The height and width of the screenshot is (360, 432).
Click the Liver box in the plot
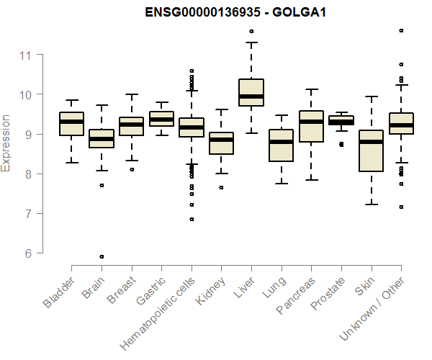click(251, 92)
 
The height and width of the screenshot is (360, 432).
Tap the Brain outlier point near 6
click(102, 256)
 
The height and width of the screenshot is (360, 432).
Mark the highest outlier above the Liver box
click(251, 31)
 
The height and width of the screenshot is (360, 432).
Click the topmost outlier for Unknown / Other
click(401, 30)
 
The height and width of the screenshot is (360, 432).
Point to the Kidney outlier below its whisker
click(221, 187)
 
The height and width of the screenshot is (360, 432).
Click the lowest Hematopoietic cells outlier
click(192, 219)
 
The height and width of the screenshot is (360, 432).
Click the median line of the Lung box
click(282, 142)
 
